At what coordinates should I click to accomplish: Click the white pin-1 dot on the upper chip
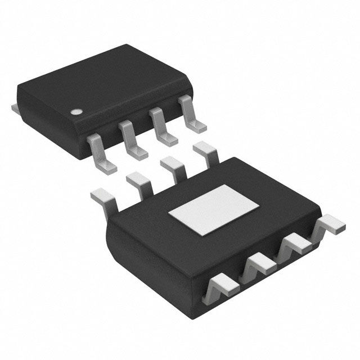pyautogui.click(x=75, y=112)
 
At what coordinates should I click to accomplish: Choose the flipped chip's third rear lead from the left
pyautogui.click(x=171, y=166)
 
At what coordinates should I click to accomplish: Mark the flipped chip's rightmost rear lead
pyautogui.click(x=204, y=151)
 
